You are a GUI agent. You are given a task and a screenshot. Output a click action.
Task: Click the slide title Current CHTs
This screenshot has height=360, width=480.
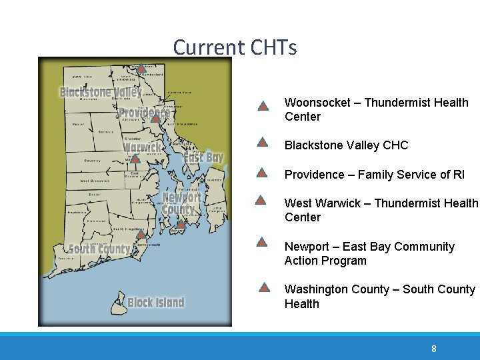[235, 47]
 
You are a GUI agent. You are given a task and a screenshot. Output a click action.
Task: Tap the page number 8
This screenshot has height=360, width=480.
[434, 349]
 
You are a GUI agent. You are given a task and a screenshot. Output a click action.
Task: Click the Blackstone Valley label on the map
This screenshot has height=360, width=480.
[101, 92]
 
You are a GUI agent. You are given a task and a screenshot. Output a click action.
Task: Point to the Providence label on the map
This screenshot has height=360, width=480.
[145, 111]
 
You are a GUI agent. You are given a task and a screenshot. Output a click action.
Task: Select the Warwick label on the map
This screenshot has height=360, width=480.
[143, 147]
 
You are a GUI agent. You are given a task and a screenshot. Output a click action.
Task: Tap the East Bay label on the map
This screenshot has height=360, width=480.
[203, 157]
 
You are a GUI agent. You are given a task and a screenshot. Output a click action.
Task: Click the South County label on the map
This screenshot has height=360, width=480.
[99, 249]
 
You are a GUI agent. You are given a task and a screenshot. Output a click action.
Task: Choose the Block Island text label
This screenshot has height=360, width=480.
[155, 303]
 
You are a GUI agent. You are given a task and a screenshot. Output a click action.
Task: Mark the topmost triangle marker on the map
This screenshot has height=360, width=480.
[142, 68]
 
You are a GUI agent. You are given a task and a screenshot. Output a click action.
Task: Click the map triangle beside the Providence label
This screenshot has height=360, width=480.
[155, 118]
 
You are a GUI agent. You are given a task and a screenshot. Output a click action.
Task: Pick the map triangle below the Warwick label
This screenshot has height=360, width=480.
[135, 159]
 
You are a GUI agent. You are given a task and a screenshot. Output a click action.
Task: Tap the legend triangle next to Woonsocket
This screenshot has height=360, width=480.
[263, 105]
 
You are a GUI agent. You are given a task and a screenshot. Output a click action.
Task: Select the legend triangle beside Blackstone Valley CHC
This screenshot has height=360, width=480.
[263, 142]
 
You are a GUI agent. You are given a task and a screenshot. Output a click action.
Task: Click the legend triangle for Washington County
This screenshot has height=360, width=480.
[264, 287]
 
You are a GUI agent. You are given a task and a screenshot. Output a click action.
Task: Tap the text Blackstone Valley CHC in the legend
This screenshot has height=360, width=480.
[346, 145]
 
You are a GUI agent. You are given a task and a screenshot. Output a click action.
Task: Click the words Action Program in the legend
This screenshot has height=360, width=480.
[325, 261]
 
